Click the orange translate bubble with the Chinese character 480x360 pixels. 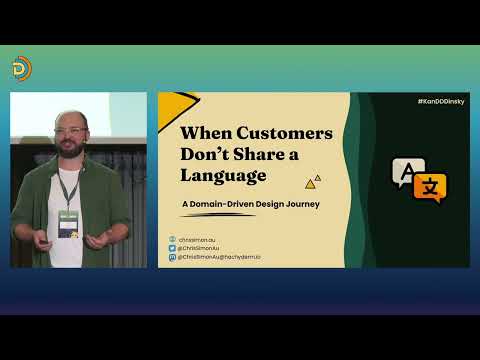tap(431, 187)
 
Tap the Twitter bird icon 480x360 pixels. tap(172, 248)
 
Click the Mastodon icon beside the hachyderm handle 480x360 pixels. tap(172, 257)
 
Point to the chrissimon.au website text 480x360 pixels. tap(195, 239)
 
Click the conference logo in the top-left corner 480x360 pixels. tap(21, 69)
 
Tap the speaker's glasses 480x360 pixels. tap(70, 130)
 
